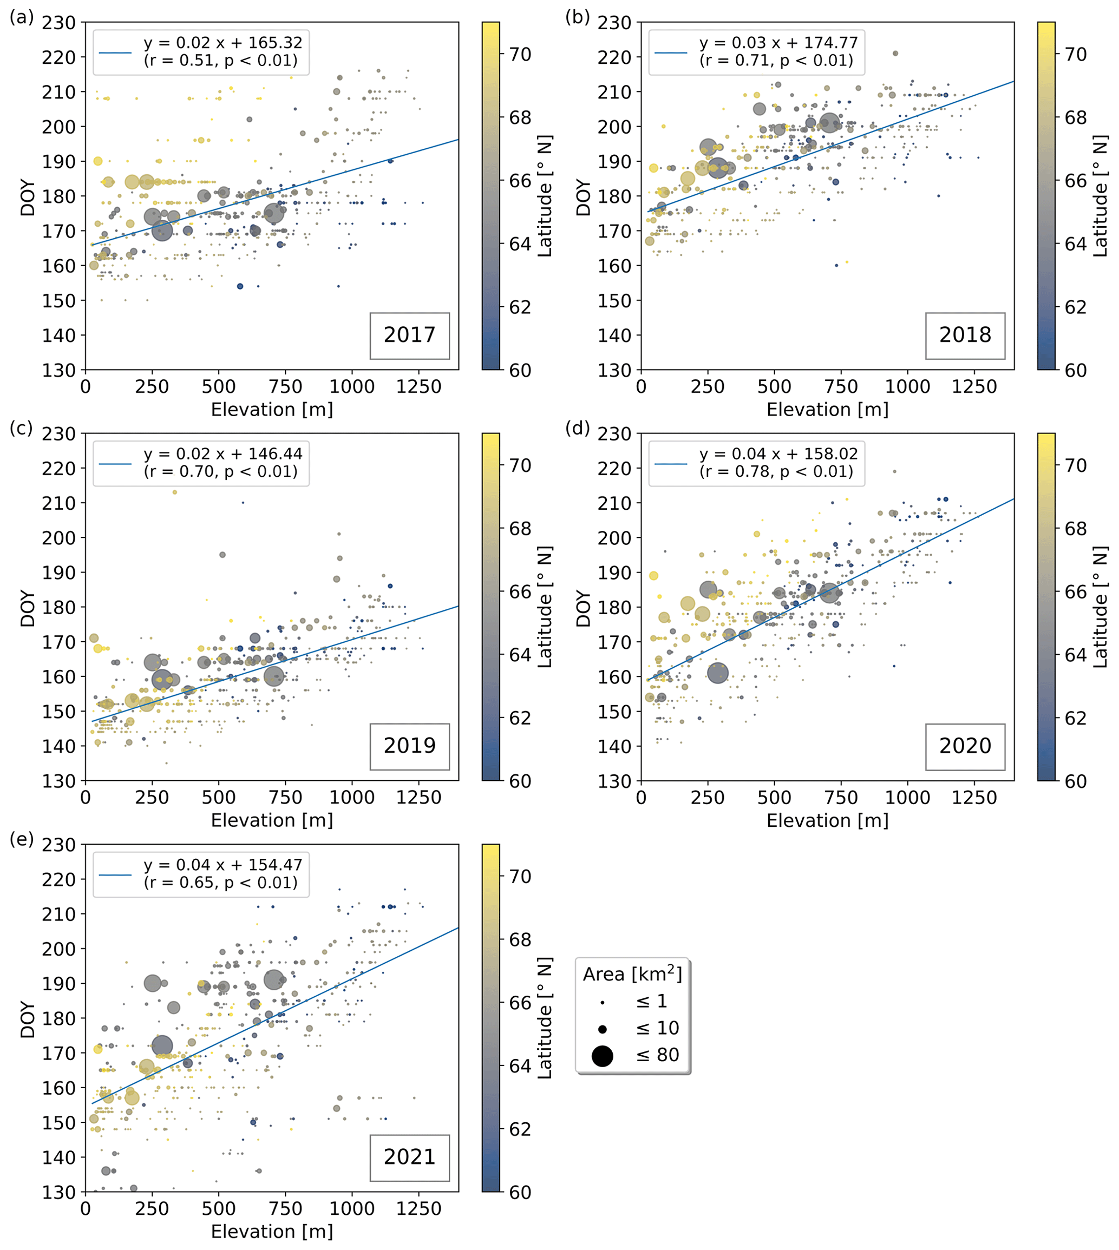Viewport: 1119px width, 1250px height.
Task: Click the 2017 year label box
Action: [x=409, y=335]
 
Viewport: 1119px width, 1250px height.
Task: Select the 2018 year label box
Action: [x=965, y=335]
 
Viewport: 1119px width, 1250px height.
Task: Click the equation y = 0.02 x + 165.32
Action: [x=223, y=43]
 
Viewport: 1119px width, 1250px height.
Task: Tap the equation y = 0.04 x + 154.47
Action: [x=223, y=865]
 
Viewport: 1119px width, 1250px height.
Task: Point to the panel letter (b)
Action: [x=577, y=17]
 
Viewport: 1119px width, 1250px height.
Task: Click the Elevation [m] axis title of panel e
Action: [x=272, y=1231]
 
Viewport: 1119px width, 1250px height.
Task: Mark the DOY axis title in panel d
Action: [x=583, y=608]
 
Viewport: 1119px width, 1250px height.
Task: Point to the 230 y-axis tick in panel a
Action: [x=59, y=23]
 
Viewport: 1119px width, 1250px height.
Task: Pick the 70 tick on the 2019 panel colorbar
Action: [x=520, y=465]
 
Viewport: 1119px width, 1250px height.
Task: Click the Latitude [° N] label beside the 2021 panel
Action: [x=545, y=1018]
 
